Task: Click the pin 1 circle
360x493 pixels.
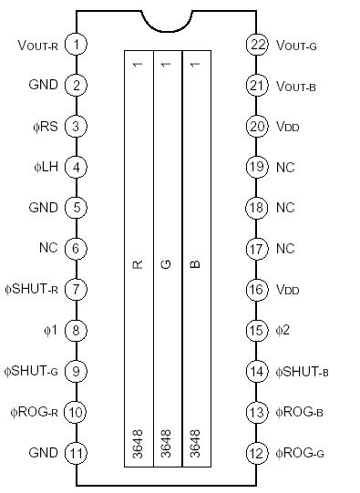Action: point(77,44)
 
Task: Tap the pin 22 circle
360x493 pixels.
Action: point(256,44)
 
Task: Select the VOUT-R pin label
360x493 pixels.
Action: point(38,45)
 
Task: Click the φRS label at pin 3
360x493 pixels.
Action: point(43,126)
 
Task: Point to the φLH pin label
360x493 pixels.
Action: point(43,167)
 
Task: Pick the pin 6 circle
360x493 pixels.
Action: point(77,248)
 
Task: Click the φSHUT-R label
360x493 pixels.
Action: point(33,289)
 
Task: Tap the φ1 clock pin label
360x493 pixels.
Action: point(48,330)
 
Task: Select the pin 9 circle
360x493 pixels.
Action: point(77,371)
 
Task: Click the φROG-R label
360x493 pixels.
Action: point(36,412)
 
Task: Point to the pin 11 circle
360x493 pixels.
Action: point(77,453)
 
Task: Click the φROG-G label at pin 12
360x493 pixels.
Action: point(300,453)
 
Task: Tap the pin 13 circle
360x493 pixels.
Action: point(256,412)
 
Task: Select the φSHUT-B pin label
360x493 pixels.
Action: point(303,371)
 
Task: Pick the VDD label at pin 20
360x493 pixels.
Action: point(286,126)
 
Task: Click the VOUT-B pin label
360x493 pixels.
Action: point(296,85)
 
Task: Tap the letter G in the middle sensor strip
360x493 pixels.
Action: point(166,264)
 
